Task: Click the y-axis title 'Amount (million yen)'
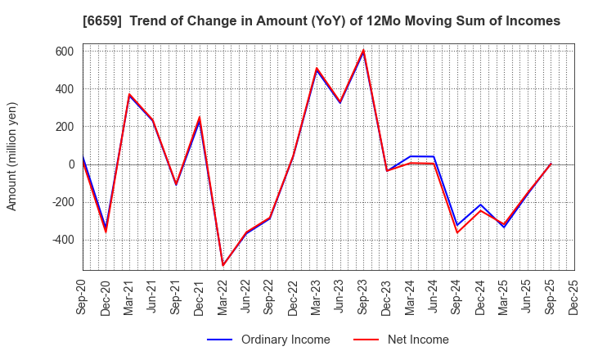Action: point(12,156)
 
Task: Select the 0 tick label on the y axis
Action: point(71,164)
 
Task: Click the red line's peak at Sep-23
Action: point(363,50)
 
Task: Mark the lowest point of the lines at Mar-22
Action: point(223,265)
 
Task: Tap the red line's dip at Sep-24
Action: point(457,232)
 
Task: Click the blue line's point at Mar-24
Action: point(411,156)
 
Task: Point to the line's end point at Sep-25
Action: point(551,164)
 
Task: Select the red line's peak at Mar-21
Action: point(129,94)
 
